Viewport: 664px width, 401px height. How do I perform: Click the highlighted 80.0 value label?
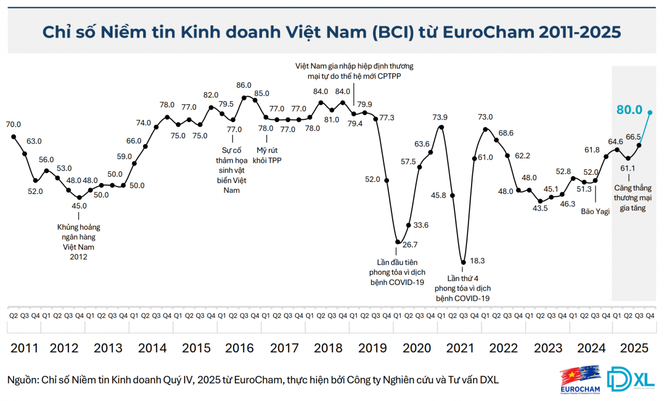[629, 110]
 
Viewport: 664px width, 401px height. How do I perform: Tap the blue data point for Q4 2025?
[650, 112]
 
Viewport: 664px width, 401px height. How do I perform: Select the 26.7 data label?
[410, 244]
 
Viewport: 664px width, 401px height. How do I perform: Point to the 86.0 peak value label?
[243, 85]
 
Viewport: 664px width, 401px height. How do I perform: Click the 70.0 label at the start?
[13, 125]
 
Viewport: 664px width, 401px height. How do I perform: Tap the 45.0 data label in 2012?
[79, 205]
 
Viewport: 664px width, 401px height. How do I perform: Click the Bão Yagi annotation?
[595, 212]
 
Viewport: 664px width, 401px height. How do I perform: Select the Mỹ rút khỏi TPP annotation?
[267, 155]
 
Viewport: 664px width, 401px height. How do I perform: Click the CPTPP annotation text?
[354, 71]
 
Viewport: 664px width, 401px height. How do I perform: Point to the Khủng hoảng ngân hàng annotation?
[79, 242]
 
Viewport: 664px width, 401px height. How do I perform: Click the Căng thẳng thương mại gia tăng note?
[632, 198]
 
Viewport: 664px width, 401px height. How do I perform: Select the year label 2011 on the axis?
[24, 347]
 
